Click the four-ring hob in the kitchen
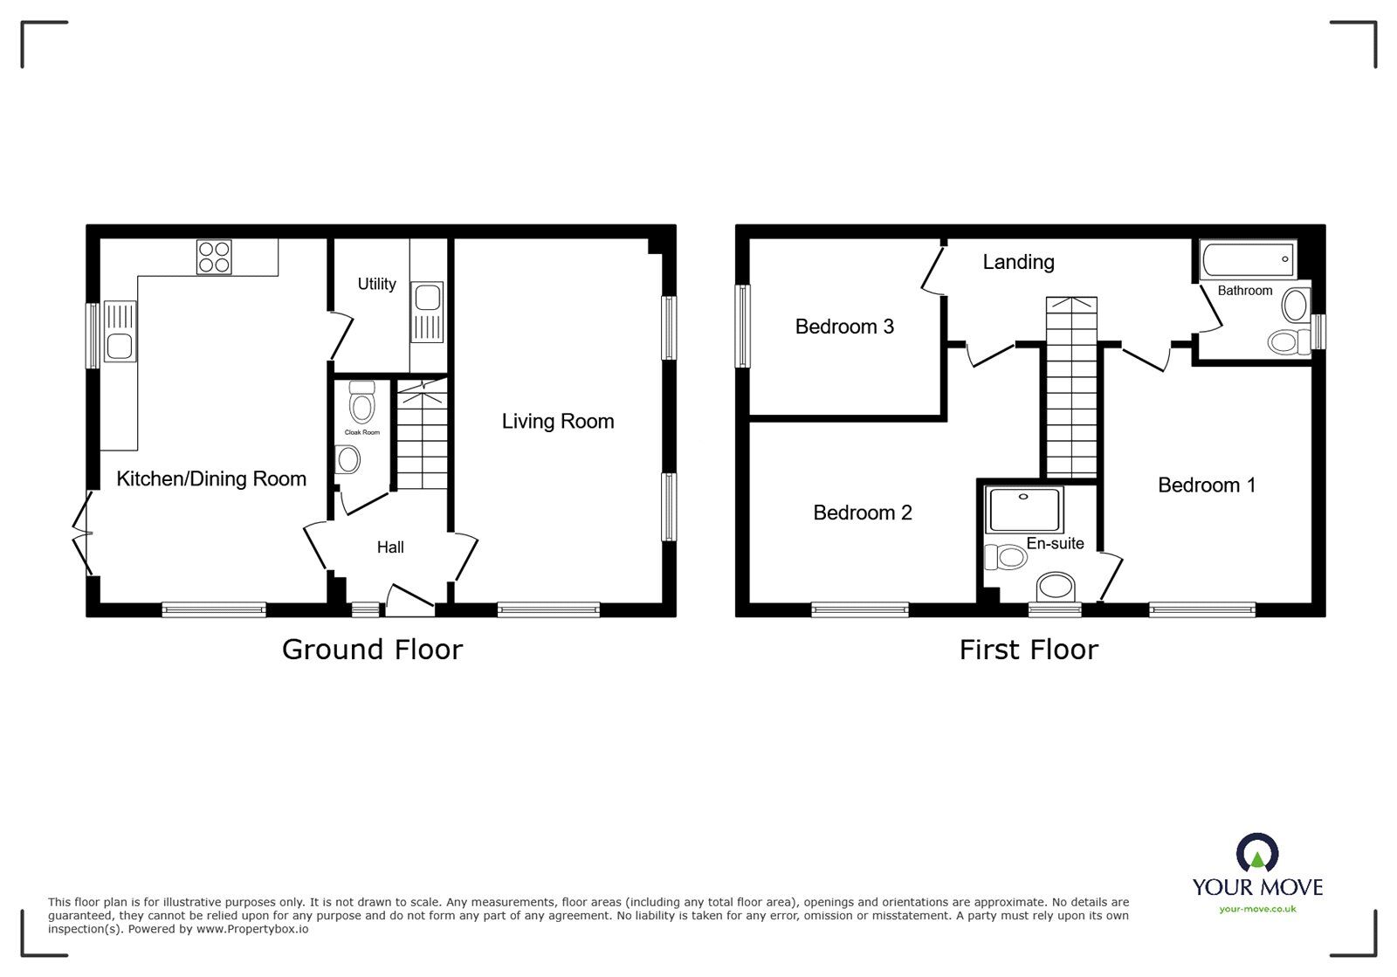click(x=214, y=257)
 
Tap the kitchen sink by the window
click(x=120, y=331)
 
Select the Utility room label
click(x=376, y=285)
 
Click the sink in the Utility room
click(x=427, y=312)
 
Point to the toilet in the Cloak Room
click(x=361, y=402)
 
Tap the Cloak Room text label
click(x=361, y=432)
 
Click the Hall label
click(x=390, y=547)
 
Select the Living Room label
click(x=558, y=422)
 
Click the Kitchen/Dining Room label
click(x=211, y=478)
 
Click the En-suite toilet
click(x=1005, y=557)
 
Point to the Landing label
click(x=1018, y=262)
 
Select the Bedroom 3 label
click(x=844, y=327)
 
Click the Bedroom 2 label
click(x=863, y=513)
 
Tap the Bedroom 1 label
click(x=1207, y=485)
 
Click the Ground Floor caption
click(x=372, y=650)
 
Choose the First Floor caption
click(x=1029, y=650)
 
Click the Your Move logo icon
click(x=1257, y=851)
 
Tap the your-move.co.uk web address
click(x=1257, y=909)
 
